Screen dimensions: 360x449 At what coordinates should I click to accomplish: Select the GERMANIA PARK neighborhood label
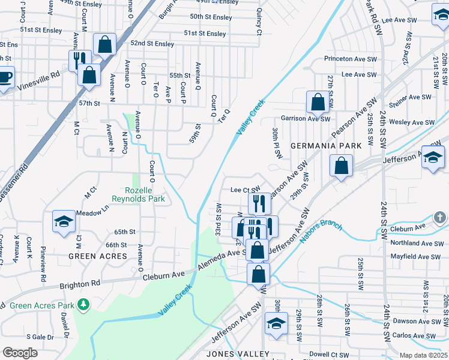pos(326,146)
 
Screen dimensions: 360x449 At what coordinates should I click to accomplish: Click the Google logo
pos(20,353)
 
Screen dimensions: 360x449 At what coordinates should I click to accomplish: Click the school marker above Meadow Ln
pos(64,221)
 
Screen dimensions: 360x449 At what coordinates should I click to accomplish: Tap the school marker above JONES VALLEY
pos(276,323)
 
